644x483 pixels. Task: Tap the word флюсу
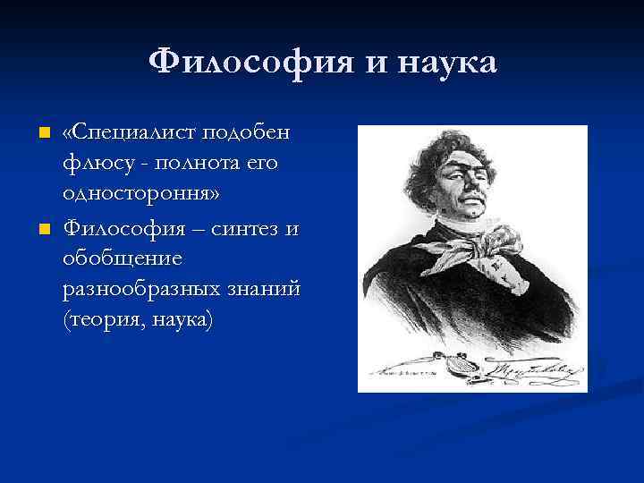tap(93, 165)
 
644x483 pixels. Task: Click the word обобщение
tap(123, 261)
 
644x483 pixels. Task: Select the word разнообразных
tap(147, 292)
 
